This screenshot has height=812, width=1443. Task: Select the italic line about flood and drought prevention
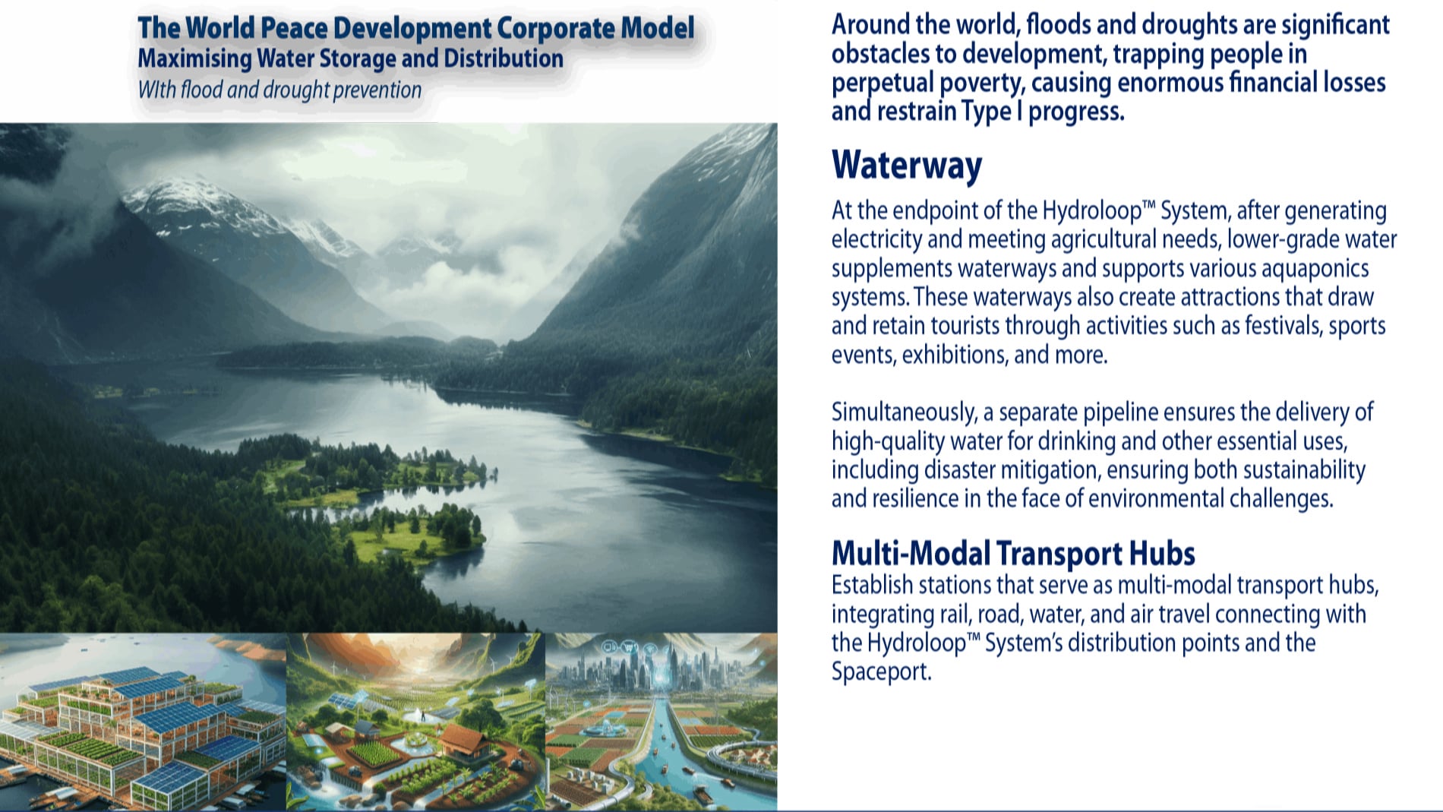click(x=279, y=90)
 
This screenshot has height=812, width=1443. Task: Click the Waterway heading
click(x=907, y=166)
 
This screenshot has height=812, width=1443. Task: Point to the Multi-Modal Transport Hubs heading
click(x=1013, y=554)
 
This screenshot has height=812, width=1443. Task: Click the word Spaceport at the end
click(x=881, y=672)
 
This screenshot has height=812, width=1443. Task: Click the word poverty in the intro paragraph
click(x=979, y=83)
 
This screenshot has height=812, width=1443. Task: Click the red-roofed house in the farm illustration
click(x=466, y=742)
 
